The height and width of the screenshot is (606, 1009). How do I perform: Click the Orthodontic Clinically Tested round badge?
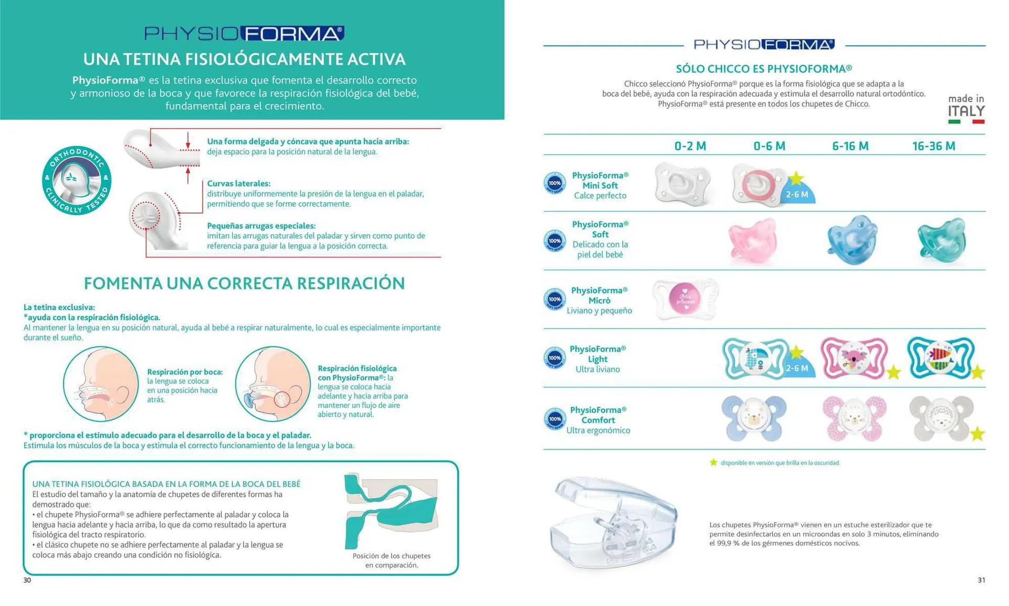77,180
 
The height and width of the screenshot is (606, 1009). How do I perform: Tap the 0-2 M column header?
690,146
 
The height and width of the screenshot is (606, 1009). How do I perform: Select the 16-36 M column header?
933,146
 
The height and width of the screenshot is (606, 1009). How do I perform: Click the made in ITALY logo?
966,109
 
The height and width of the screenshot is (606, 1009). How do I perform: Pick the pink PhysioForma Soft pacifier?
753,241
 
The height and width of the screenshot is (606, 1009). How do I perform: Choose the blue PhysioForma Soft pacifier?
852,240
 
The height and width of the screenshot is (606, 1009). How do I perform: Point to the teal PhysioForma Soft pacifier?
942,240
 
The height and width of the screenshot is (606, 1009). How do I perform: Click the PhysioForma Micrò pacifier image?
685,299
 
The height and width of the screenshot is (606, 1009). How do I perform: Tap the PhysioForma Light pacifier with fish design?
941,357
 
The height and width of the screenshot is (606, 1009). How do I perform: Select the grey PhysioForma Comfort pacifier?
941,418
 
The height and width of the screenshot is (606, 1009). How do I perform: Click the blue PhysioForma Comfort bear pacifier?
754,418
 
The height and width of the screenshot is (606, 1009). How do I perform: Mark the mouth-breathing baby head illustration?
101,384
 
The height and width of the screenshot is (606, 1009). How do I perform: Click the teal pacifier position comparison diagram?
391,510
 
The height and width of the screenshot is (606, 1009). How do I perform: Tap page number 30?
27,580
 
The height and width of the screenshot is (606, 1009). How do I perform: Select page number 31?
981,580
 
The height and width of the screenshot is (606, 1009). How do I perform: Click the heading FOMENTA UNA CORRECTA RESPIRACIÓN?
244,283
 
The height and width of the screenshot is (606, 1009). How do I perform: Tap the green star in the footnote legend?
713,463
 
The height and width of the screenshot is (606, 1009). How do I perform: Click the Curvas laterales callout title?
239,183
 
